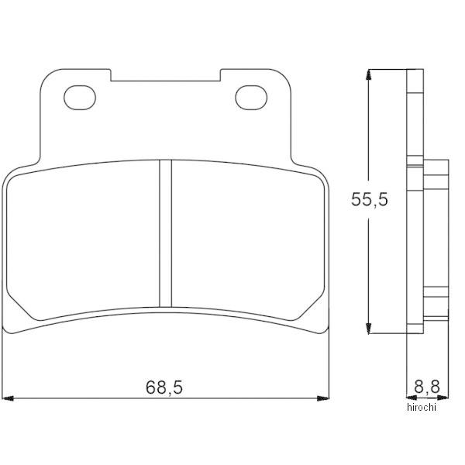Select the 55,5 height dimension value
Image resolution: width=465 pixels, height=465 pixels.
(x=370, y=199)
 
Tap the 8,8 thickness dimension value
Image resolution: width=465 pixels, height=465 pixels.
(x=427, y=386)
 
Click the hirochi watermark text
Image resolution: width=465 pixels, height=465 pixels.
(x=422, y=407)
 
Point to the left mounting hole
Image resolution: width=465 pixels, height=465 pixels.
(x=80, y=98)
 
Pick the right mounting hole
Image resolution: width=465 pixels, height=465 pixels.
(x=251, y=98)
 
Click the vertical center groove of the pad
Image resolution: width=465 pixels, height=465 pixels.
(x=166, y=233)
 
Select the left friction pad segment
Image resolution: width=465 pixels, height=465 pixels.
(x=83, y=240)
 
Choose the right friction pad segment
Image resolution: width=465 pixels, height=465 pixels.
(x=248, y=240)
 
